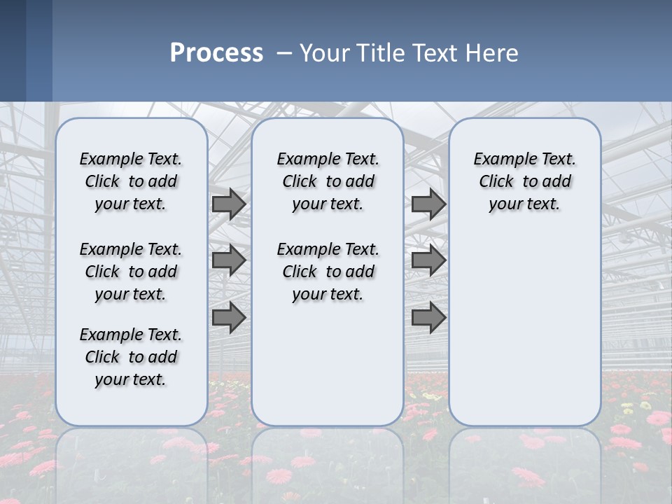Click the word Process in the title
pyautogui.click(x=216, y=53)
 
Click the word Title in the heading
pyautogui.click(x=381, y=53)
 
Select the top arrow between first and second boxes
pyautogui.click(x=228, y=204)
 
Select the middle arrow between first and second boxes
pyautogui.click(x=228, y=260)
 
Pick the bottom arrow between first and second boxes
pyautogui.click(x=228, y=318)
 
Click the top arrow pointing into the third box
pyautogui.click(x=428, y=204)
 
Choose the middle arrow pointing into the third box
pyautogui.click(x=428, y=260)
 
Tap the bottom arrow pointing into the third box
pyautogui.click(x=428, y=318)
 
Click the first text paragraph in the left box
pyautogui.click(x=131, y=181)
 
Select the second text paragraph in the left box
pyautogui.click(x=131, y=272)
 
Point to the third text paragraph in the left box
pyautogui.click(x=131, y=357)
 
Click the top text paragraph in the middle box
pyautogui.click(x=328, y=181)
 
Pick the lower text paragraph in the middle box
pyautogui.click(x=328, y=272)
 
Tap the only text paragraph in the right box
pyautogui.click(x=524, y=181)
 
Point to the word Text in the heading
pyautogui.click(x=435, y=53)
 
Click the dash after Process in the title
pyautogui.click(x=284, y=53)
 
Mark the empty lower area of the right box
pyautogui.click(x=524, y=329)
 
